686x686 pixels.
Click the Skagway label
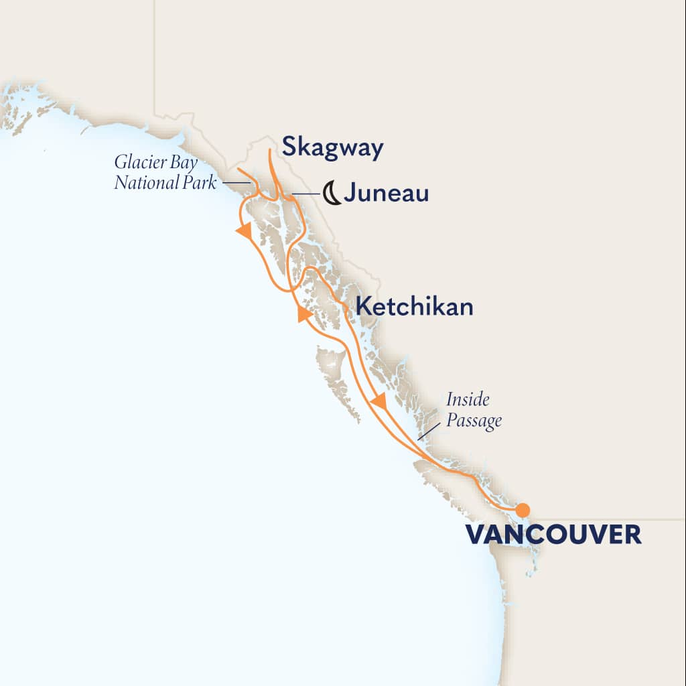(332, 148)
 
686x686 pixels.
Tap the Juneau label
(387, 194)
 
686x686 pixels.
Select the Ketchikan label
(415, 307)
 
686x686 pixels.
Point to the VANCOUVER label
(553, 535)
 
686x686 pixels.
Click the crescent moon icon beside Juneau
(331, 194)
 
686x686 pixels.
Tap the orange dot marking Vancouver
(523, 510)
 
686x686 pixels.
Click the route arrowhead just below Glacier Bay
(245, 231)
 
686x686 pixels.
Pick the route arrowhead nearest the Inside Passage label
(379, 403)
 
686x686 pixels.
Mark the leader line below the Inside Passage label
(424, 433)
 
